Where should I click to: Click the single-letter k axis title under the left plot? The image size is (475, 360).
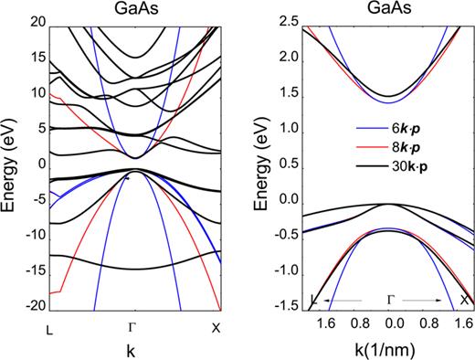point(134,348)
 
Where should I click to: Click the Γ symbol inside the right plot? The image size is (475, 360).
point(393,299)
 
